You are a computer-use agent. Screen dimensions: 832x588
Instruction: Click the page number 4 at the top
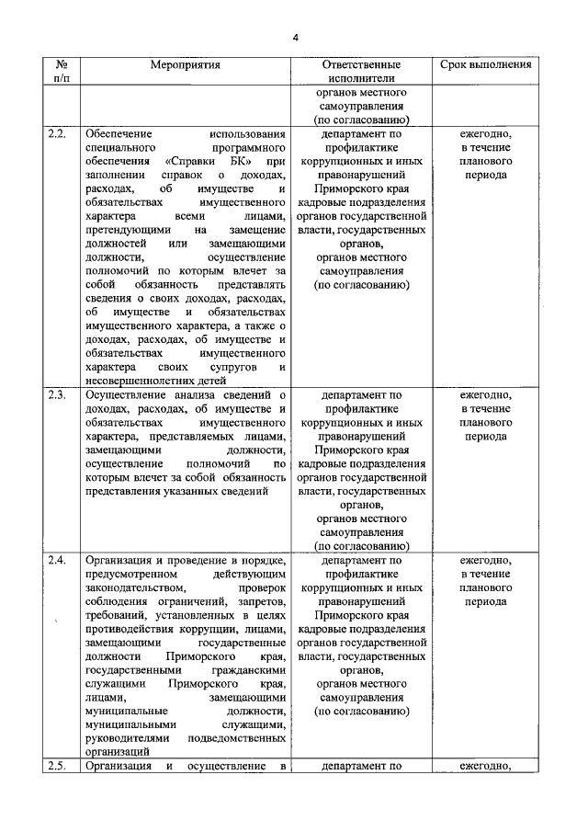click(296, 37)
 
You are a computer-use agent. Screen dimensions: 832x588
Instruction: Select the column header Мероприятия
click(187, 65)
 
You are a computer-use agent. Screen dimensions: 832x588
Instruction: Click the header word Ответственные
click(361, 65)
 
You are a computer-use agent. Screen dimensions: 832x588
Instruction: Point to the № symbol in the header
click(62, 65)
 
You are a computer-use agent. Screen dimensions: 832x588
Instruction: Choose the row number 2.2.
click(57, 135)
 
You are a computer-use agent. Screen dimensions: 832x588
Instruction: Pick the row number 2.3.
click(57, 395)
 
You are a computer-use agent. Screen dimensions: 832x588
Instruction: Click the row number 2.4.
click(57, 560)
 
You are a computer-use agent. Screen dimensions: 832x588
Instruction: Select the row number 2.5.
click(57, 766)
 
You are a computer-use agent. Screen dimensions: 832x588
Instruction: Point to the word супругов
click(229, 367)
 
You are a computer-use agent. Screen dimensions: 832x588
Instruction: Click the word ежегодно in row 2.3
click(484, 395)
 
